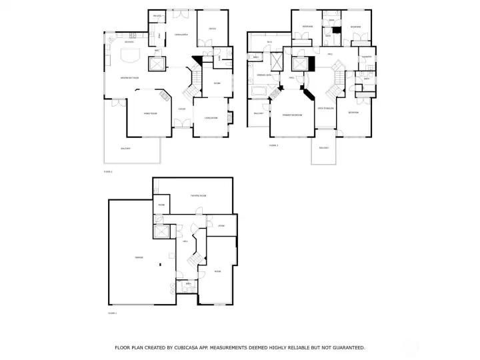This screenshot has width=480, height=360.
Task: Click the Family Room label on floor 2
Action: coord(150,113)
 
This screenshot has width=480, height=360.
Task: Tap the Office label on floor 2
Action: coord(212,29)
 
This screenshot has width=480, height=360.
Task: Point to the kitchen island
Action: coord(129,55)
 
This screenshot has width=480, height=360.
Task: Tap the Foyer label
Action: coord(181,109)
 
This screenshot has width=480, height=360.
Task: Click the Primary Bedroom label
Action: coord(292,115)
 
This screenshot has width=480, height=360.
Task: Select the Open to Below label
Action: coord(325,108)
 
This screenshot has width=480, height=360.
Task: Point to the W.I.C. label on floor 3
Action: coord(269,42)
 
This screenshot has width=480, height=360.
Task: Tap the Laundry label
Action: coord(366,57)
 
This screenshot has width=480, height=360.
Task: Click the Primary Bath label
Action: coord(263,75)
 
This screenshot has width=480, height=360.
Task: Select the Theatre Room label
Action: coord(198,195)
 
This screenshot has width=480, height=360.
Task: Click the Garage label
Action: coord(139,257)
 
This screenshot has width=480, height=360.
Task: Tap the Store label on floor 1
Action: coord(221,227)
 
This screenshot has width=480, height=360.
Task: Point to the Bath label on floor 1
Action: coord(189,283)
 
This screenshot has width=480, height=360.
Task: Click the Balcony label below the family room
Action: coord(125,148)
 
